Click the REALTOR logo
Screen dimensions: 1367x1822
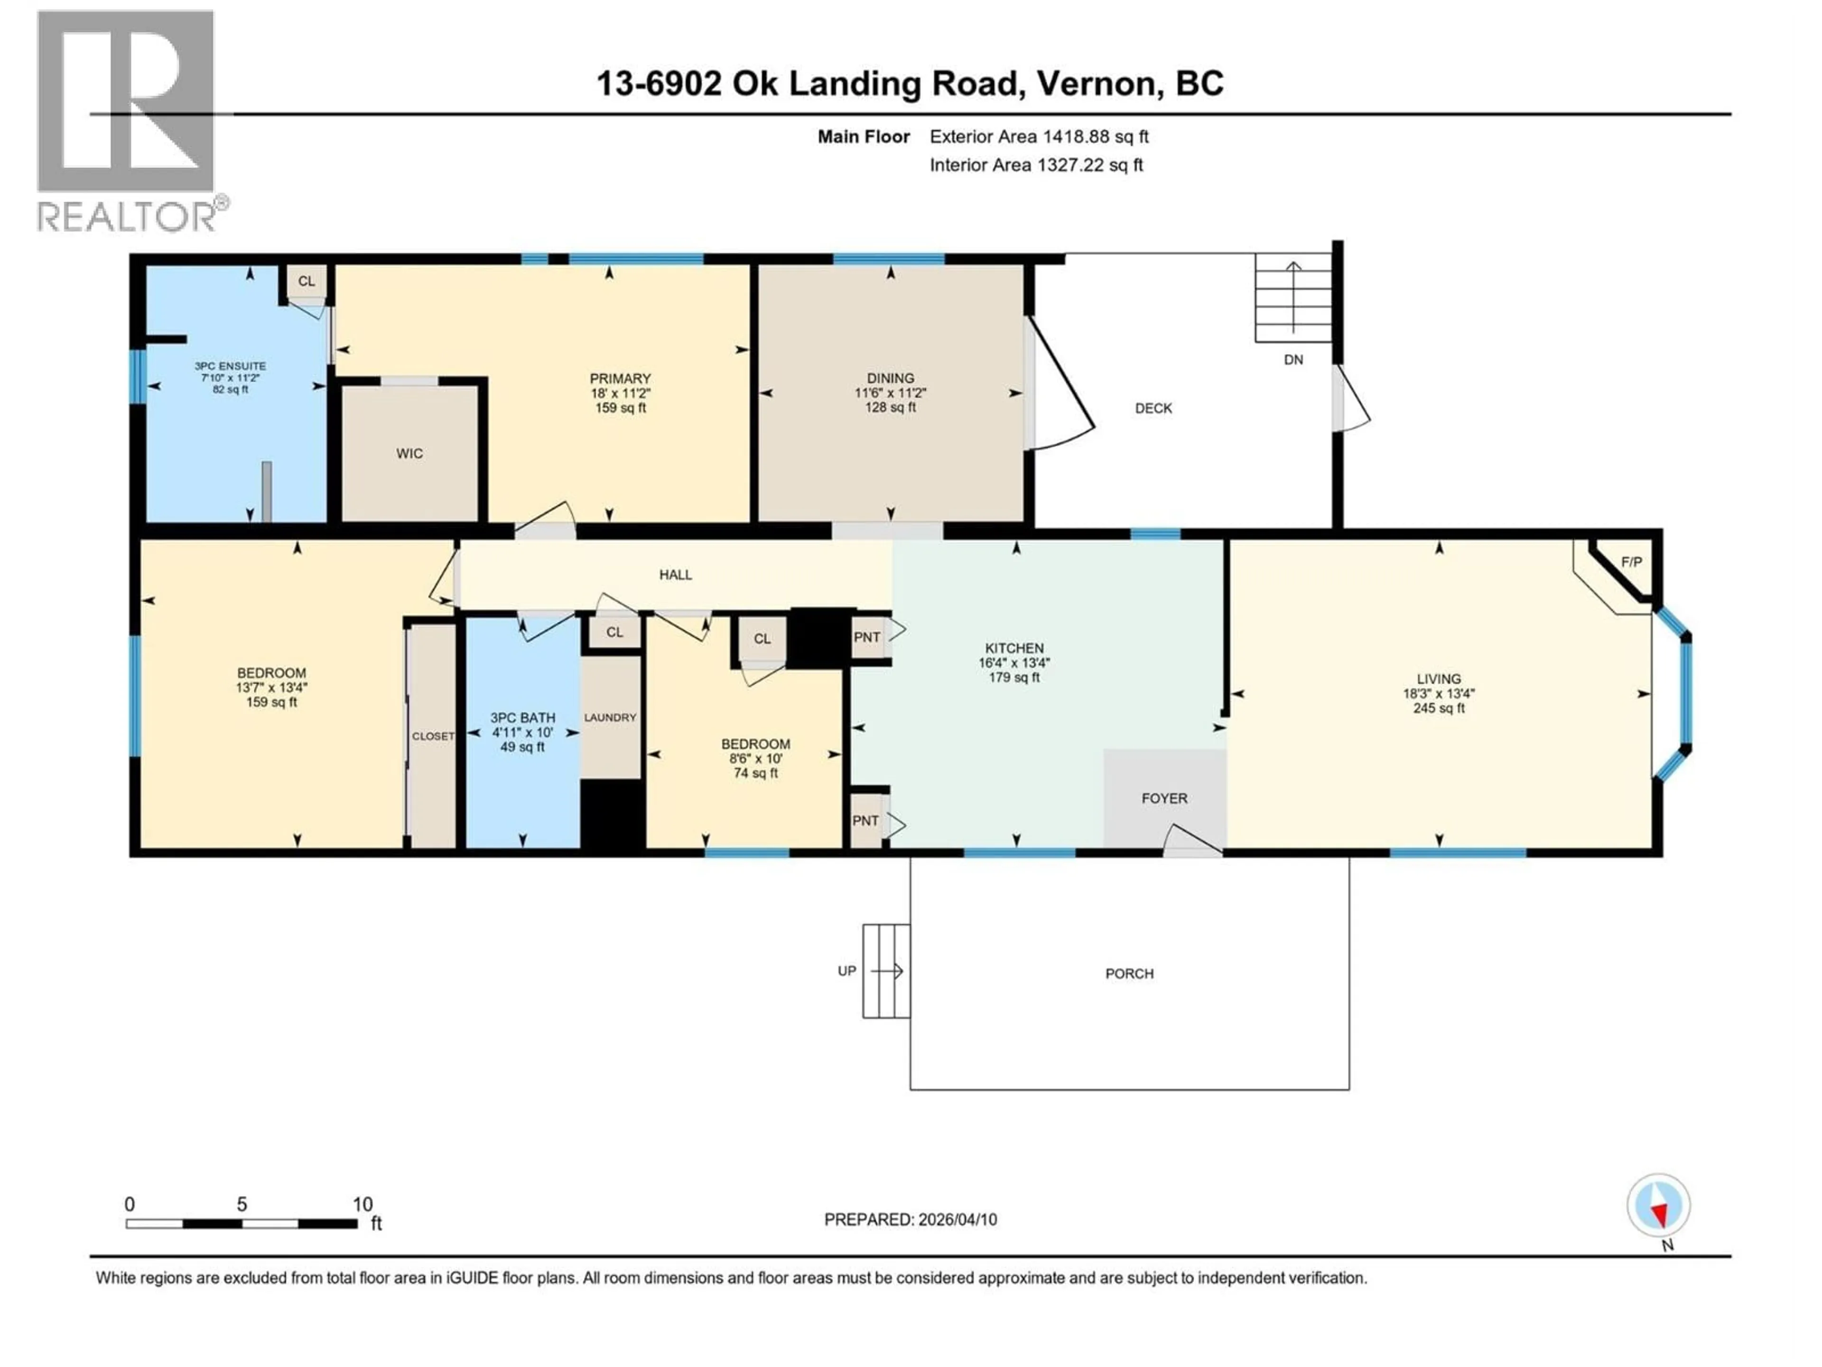(128, 120)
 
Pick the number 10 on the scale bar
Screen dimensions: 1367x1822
(363, 1204)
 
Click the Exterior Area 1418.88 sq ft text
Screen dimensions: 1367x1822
(1039, 137)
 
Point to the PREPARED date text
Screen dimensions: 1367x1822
(910, 1219)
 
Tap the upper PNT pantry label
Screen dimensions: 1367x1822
(866, 637)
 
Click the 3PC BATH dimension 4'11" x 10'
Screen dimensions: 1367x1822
(522, 732)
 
